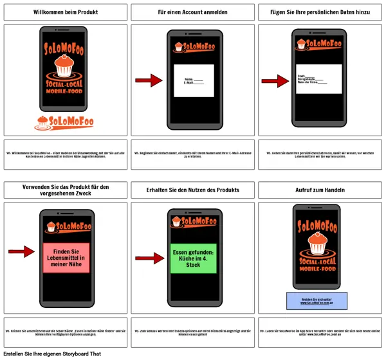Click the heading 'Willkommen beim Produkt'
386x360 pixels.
(x=65, y=12)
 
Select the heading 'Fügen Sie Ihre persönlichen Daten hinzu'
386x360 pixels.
(x=320, y=12)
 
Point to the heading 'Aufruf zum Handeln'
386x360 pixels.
(x=320, y=190)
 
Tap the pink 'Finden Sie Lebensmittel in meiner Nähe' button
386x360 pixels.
(x=66, y=257)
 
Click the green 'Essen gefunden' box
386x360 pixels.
(x=193, y=257)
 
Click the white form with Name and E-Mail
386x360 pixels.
(x=194, y=81)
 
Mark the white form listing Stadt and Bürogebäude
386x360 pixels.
(x=319, y=79)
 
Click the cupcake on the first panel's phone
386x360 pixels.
(x=63, y=65)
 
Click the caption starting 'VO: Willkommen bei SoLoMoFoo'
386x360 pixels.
(x=65, y=155)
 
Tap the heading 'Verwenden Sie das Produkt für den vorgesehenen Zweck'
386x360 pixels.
(x=65, y=190)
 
